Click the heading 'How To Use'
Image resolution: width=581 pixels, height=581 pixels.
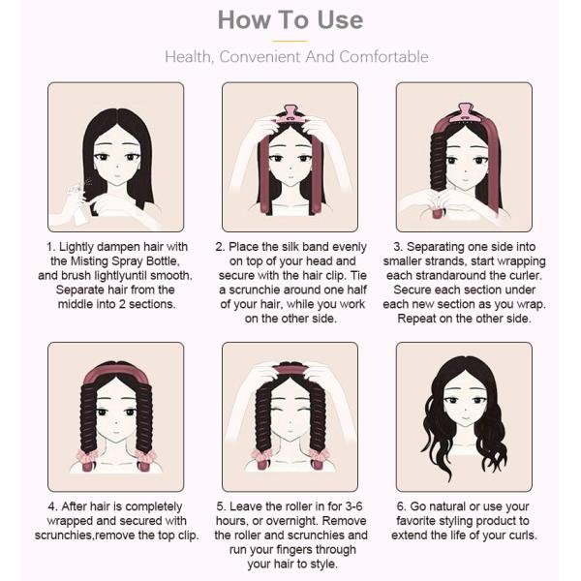[290, 20]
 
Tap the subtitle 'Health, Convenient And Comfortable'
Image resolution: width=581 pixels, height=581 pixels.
[296, 57]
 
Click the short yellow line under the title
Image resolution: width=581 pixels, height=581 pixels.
[290, 41]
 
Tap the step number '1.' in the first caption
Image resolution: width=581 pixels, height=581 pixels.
[51, 247]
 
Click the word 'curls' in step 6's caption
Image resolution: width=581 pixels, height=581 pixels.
[523, 535]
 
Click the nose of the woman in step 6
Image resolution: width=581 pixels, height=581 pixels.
[465, 409]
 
